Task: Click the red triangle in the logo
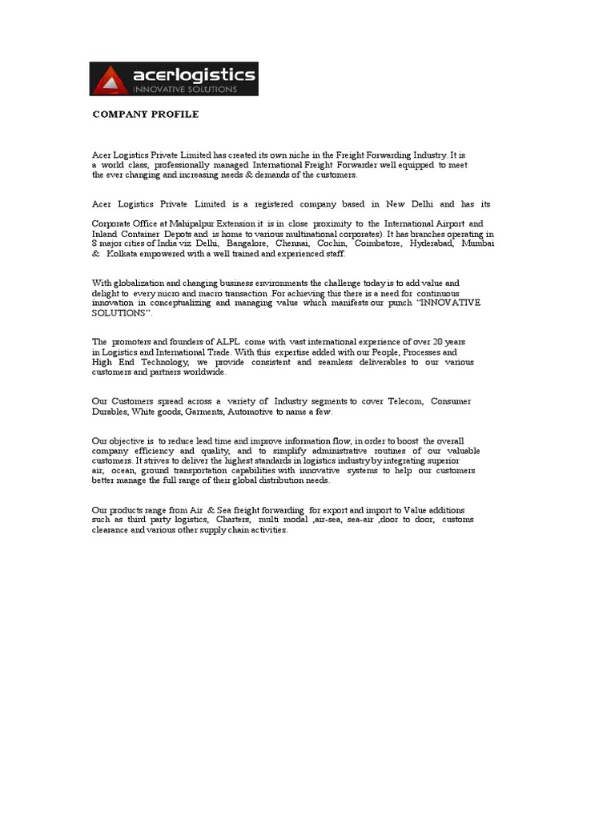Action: tap(109, 82)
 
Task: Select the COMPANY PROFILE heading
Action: tap(145, 115)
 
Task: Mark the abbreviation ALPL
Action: tap(221, 342)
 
